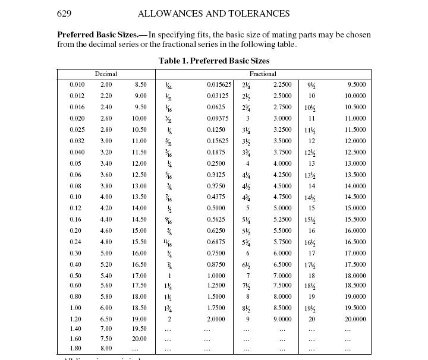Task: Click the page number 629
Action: (64, 14)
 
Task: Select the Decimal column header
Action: (106, 74)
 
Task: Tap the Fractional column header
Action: (263, 74)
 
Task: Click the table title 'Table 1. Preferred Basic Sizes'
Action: (213, 61)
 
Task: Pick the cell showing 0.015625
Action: (219, 85)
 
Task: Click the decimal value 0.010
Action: (77, 85)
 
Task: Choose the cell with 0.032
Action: (77, 141)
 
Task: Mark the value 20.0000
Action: (355, 319)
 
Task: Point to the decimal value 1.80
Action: (75, 349)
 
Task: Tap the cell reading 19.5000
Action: (355, 308)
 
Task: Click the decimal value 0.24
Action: (75, 242)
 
